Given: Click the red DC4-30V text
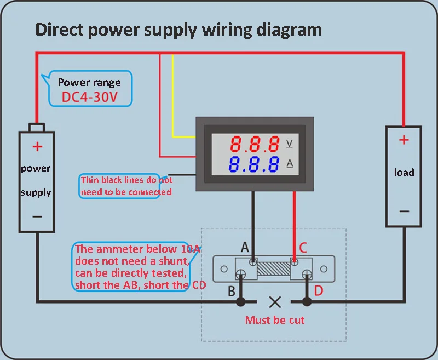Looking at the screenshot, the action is tap(89, 97).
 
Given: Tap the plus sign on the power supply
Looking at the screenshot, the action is tap(37, 146).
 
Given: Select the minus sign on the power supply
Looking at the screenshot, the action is tap(37, 216).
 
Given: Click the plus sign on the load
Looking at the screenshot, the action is tap(404, 140).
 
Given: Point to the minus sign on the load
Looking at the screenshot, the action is tap(404, 212).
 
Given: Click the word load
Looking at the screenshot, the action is tap(404, 172).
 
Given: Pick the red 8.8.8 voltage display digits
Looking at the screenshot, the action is tap(255, 144).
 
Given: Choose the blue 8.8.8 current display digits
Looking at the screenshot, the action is tap(253, 164).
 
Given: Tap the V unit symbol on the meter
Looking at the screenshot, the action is tap(290, 144).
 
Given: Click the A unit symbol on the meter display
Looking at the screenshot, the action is tap(290, 163).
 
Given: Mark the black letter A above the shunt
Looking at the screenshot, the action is tap(245, 247).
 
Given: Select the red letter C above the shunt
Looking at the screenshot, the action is tap(303, 247).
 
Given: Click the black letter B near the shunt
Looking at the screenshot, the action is tap(232, 292).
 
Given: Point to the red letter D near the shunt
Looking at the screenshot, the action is tap(319, 291).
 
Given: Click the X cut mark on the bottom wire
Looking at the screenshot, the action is tap(275, 302).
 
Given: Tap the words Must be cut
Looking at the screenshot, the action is tap(275, 320).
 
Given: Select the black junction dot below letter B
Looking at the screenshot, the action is tap(241, 302).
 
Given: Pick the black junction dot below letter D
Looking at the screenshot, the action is tap(307, 302).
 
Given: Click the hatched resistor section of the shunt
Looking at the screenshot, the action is tap(274, 268).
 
